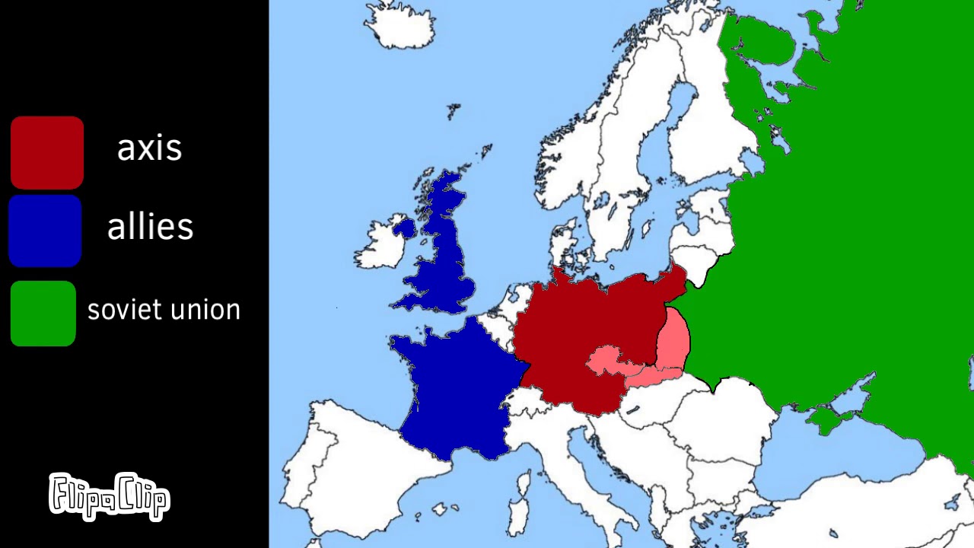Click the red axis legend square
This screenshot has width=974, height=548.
46,152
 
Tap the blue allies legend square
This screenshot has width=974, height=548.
45,231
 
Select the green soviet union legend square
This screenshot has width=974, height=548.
43,314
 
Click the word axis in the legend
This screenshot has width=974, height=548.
149,148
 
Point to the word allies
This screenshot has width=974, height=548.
150,227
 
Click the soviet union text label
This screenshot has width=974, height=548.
164,310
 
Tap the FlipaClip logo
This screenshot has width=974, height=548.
110,495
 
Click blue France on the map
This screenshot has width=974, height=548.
457,388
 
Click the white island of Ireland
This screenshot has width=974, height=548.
380,247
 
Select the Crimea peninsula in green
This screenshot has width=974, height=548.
826,419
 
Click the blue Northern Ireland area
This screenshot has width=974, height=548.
404,227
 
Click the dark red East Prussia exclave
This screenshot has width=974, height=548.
670,280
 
